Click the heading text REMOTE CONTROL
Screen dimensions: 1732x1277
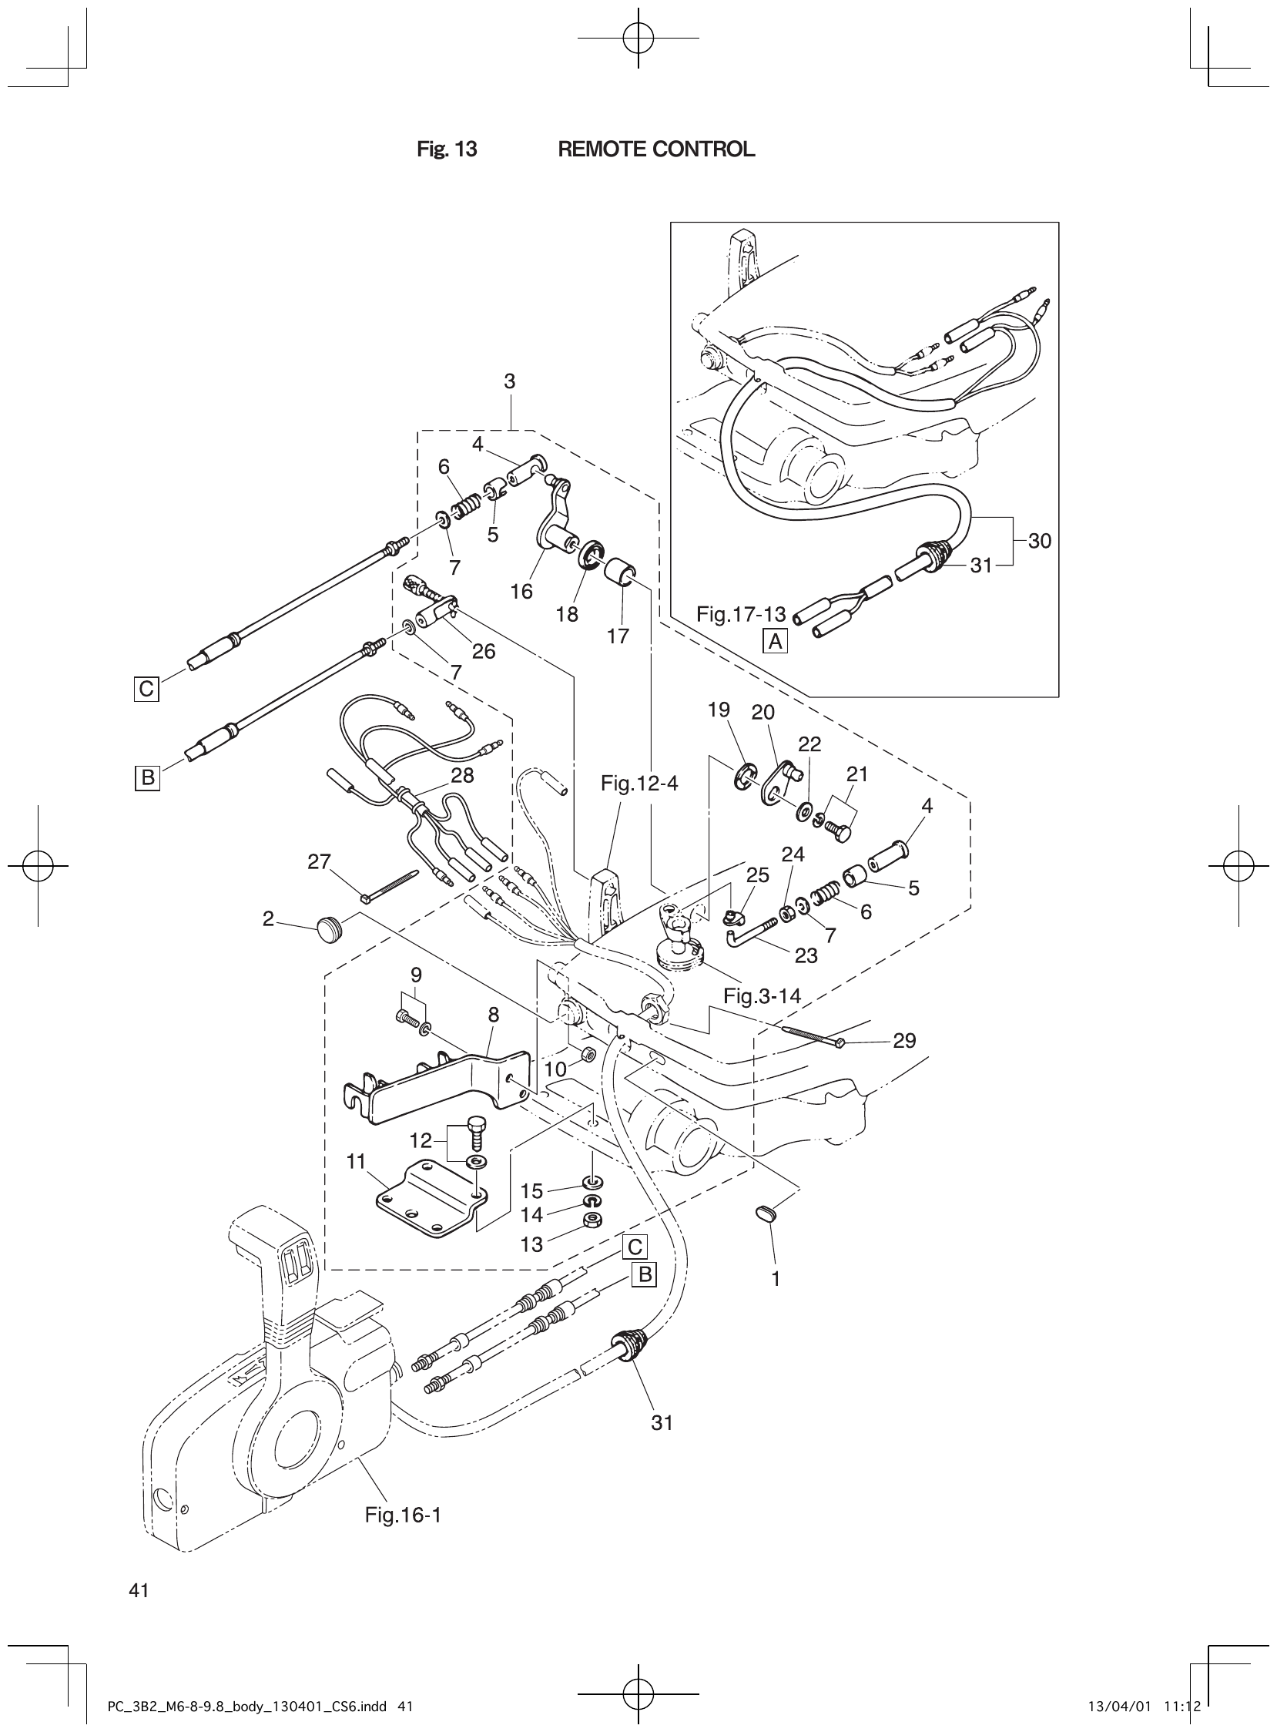[x=655, y=149]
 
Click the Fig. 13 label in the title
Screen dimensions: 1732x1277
[x=447, y=149]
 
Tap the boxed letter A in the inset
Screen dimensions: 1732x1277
[x=776, y=641]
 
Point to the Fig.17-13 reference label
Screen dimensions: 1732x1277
[x=740, y=615]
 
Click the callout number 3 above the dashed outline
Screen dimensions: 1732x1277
[x=509, y=381]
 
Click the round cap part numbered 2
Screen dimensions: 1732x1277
[x=331, y=925]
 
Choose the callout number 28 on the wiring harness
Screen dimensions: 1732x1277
[x=462, y=775]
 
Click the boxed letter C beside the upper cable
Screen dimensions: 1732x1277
[x=146, y=688]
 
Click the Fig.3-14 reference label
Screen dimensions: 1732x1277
[x=762, y=997]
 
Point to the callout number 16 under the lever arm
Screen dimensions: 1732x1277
[x=521, y=592]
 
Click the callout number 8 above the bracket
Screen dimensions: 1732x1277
[x=493, y=1015]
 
